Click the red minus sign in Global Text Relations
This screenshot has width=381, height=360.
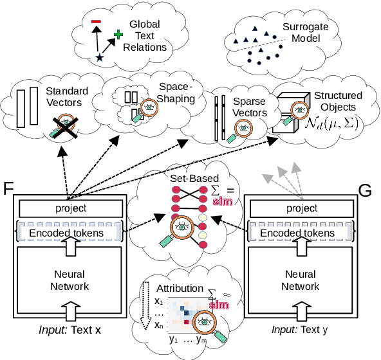[96, 24]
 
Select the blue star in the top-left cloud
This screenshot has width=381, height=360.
[99, 58]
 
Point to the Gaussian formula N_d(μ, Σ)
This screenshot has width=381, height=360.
[333, 123]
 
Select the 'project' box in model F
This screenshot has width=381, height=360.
[71, 208]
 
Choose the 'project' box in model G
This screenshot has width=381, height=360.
[301, 208]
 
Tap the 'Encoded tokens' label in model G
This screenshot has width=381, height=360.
[301, 233]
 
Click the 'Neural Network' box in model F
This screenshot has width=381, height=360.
[71, 280]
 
